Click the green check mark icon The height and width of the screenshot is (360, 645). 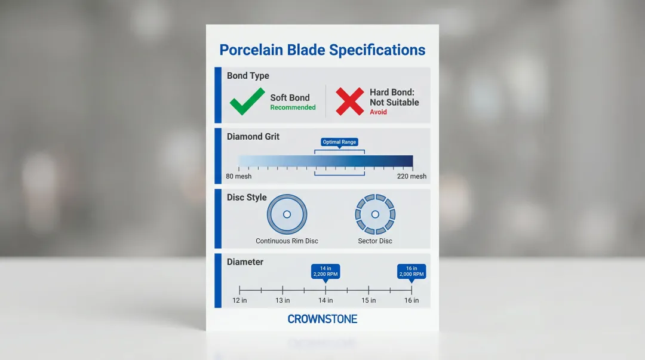[247, 101]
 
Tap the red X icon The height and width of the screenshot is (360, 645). [349, 101]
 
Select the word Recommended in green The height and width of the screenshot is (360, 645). [293, 108]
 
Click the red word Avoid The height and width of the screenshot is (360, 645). [378, 112]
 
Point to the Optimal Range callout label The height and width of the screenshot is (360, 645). [340, 142]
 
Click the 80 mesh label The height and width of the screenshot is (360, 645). [239, 177]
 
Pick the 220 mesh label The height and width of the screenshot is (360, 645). [411, 177]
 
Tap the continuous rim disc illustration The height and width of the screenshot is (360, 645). [287, 214]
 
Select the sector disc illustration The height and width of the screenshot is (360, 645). [375, 214]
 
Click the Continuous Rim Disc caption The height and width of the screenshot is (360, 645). [287, 241]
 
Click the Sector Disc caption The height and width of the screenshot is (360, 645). [375, 241]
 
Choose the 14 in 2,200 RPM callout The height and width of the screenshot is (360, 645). [325, 271]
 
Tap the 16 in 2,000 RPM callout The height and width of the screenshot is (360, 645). [411, 271]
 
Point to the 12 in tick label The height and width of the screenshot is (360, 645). [239, 300]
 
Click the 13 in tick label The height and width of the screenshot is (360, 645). [282, 300]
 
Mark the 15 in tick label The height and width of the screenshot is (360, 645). [368, 300]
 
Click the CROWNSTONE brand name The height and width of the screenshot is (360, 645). [322, 319]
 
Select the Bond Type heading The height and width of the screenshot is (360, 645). [248, 76]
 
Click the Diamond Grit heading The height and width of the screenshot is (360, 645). [253, 137]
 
